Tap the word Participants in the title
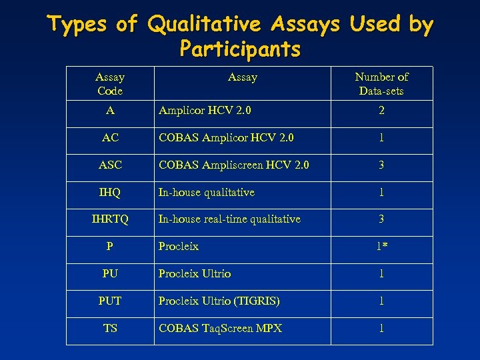pyautogui.click(x=240, y=49)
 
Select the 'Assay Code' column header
pyautogui.click(x=110, y=84)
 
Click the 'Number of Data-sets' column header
pyautogui.click(x=381, y=84)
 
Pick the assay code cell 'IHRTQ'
pyautogui.click(x=110, y=219)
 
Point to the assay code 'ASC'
pyautogui.click(x=110, y=165)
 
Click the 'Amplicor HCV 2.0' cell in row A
pyautogui.click(x=205, y=111)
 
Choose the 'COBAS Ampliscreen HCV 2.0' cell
pyautogui.click(x=233, y=165)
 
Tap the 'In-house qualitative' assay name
pyautogui.click(x=206, y=192)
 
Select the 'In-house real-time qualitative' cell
pyautogui.click(x=229, y=219)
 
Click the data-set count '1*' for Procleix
pyautogui.click(x=381, y=246)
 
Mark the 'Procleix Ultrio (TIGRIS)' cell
pyautogui.click(x=219, y=301)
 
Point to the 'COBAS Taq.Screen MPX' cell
pyautogui.click(x=220, y=328)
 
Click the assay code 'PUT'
pyautogui.click(x=110, y=301)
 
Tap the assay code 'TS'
pyautogui.click(x=110, y=328)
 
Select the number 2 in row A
pyautogui.click(x=381, y=111)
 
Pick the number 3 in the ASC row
pyautogui.click(x=381, y=165)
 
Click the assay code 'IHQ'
pyautogui.click(x=110, y=192)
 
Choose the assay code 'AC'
pyautogui.click(x=110, y=137)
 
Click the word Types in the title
pyautogui.click(x=78, y=25)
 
